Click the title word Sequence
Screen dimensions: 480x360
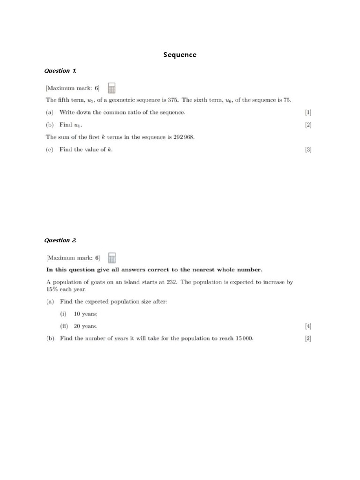[x=180, y=55]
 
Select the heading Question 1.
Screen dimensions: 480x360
[x=60, y=71]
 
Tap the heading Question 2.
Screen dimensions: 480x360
[x=60, y=240]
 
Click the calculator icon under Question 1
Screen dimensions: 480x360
[x=112, y=88]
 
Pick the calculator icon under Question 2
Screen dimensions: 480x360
[x=112, y=257]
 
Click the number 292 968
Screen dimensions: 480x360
[x=183, y=137]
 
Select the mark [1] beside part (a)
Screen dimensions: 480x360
[x=308, y=112]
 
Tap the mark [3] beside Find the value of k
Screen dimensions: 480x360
[x=308, y=150]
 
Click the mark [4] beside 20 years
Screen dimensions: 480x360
[x=308, y=326]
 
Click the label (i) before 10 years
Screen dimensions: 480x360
[x=63, y=314]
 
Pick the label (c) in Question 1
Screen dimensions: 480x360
[x=50, y=150]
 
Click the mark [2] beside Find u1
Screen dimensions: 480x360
[x=308, y=125]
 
